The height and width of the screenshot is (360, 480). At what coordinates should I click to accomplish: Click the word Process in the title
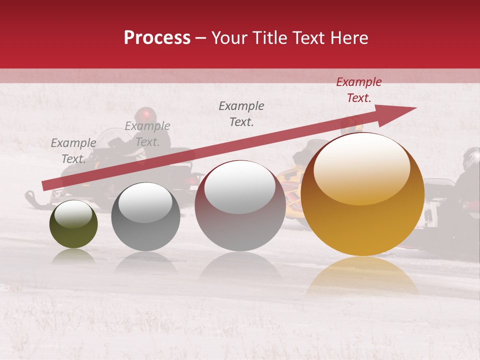coord(157,38)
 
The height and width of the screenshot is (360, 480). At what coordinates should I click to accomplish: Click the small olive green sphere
coord(73,224)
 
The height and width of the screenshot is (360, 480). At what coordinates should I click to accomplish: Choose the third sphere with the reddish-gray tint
coord(240,206)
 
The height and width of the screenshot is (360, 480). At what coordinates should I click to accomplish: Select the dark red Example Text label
coord(358,90)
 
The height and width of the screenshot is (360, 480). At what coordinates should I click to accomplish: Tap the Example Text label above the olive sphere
coord(73,151)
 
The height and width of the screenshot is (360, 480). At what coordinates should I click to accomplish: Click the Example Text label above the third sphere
coord(241,113)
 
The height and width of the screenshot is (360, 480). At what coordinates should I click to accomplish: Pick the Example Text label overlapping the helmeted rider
coord(147,134)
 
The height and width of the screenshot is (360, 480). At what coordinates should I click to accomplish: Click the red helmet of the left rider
coord(145,114)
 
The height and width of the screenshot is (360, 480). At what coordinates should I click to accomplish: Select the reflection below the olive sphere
coord(73,256)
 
